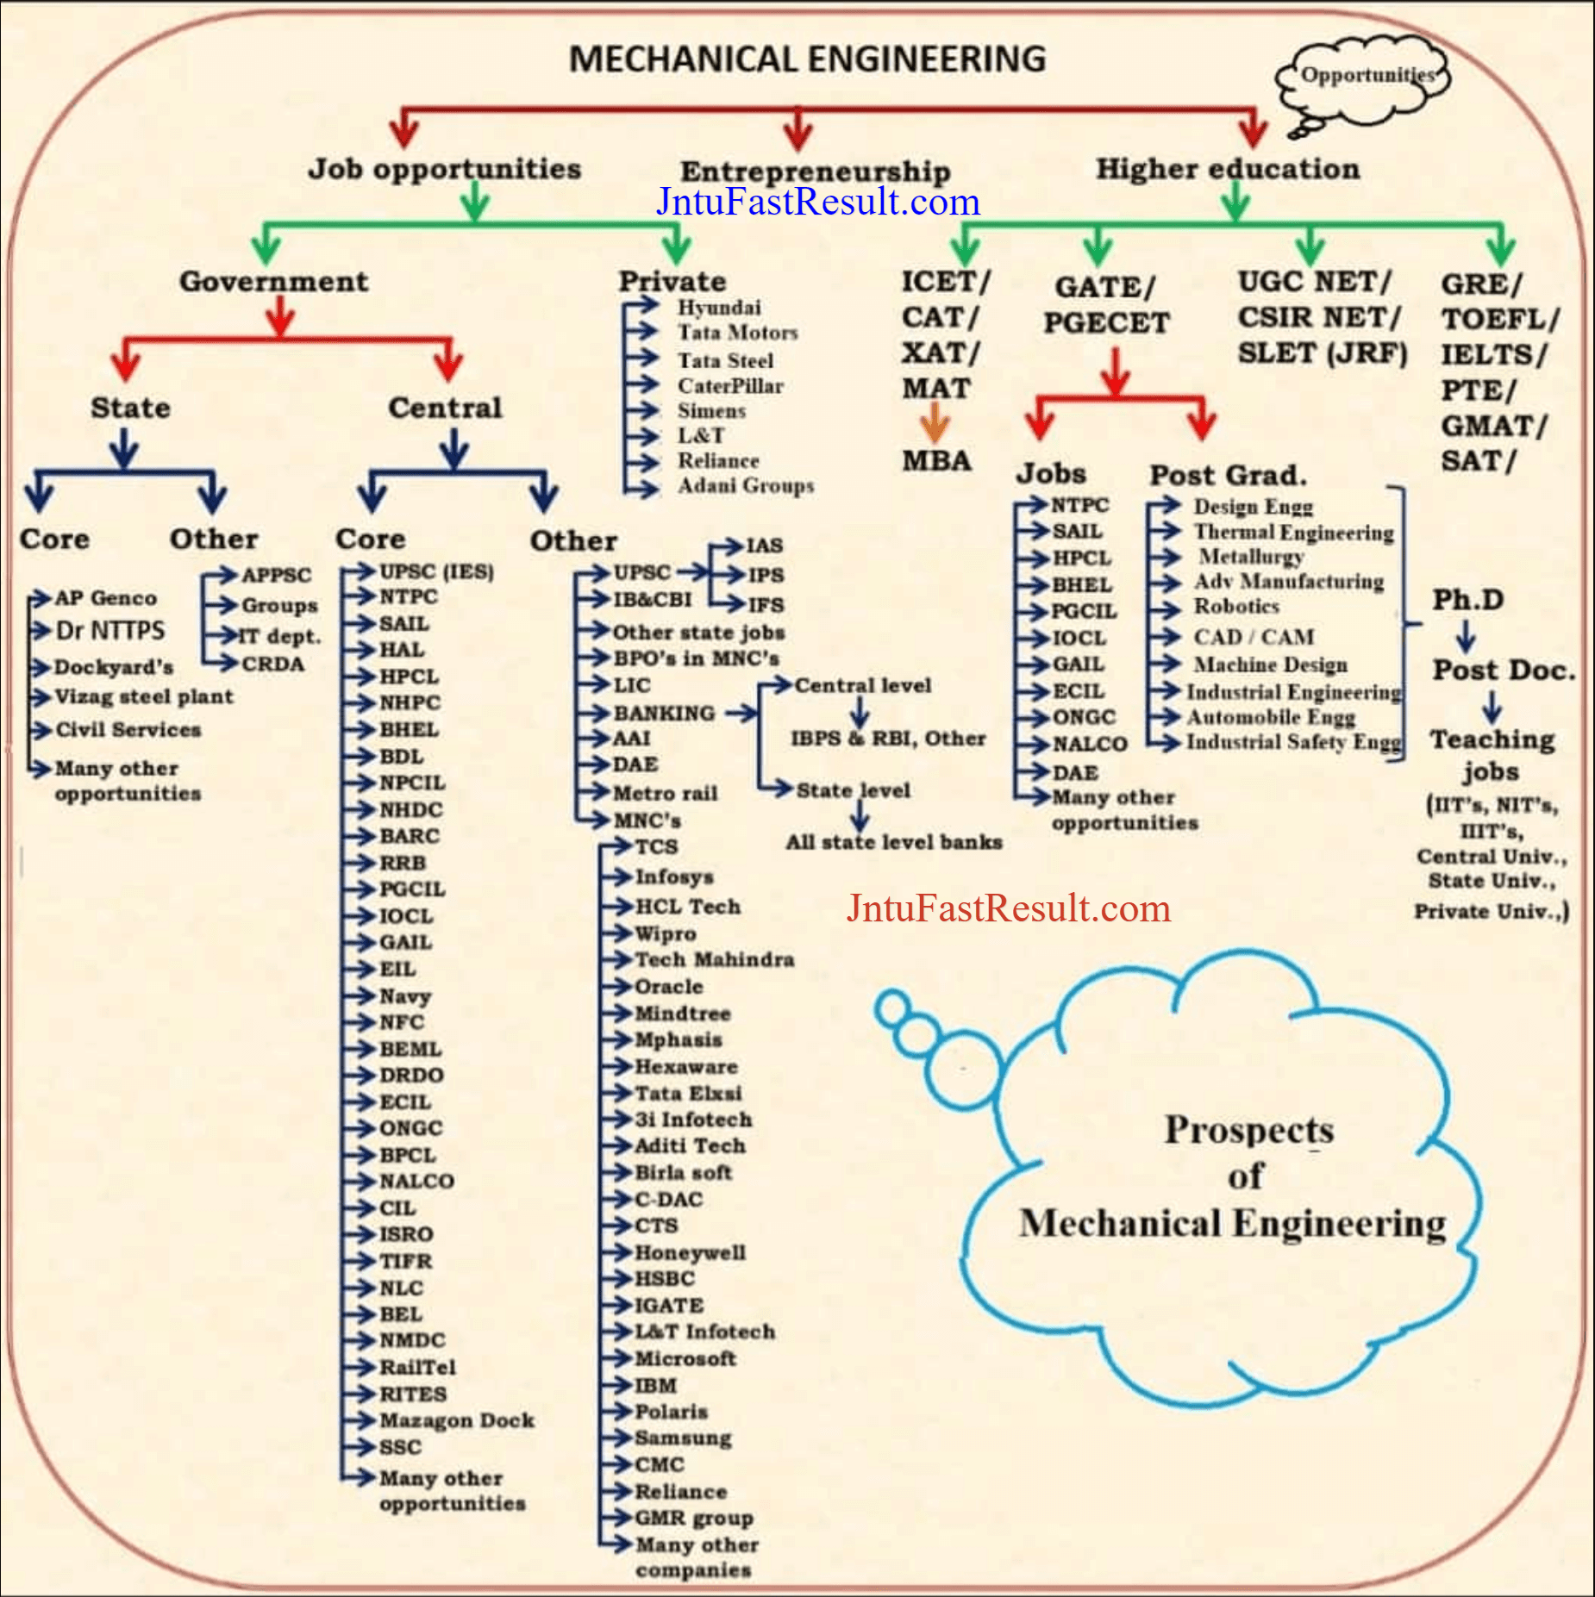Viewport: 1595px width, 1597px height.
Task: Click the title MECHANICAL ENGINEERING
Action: point(807,59)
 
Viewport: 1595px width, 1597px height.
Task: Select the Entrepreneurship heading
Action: point(815,171)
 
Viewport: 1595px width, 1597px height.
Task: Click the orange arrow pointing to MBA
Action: point(935,422)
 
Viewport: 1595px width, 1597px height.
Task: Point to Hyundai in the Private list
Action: point(719,308)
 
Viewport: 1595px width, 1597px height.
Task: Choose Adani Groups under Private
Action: point(745,486)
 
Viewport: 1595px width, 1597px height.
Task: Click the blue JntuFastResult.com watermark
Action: point(817,202)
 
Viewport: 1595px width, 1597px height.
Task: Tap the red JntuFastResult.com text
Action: point(1008,908)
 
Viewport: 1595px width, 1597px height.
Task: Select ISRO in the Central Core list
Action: point(406,1234)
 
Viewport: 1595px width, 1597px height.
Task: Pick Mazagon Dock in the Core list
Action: point(456,1420)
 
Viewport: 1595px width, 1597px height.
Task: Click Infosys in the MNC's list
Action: point(674,877)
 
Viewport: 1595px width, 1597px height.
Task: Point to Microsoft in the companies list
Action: point(685,1358)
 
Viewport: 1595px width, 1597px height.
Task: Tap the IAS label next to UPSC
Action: point(764,546)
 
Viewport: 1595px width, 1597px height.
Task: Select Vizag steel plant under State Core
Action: point(144,696)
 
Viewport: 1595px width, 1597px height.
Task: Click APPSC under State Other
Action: point(276,575)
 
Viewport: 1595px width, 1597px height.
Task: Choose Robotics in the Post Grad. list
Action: point(1235,607)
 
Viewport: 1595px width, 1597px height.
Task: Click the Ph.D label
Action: point(1467,599)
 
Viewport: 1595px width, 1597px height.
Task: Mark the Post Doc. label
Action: point(1503,670)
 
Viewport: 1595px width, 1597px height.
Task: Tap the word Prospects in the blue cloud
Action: point(1248,1130)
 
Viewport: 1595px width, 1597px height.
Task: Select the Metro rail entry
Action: point(665,793)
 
